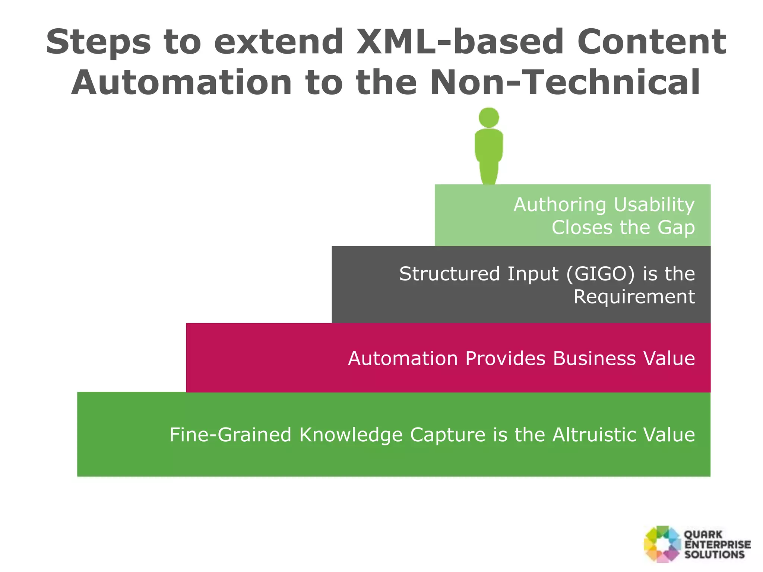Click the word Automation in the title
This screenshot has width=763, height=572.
pyautogui.click(x=181, y=83)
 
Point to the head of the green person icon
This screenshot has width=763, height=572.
pyautogui.click(x=489, y=117)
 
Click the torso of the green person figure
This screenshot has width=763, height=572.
pyautogui.click(x=489, y=147)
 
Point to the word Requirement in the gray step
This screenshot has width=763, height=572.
pyautogui.click(x=634, y=297)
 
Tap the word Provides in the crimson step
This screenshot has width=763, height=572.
pyautogui.click(x=505, y=359)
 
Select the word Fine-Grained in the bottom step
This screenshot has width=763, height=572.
pyautogui.click(x=230, y=435)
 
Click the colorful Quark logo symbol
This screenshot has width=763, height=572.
pyautogui.click(x=662, y=544)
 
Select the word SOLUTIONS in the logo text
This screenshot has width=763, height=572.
pyautogui.click(x=714, y=554)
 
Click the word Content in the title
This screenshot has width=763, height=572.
pyautogui.click(x=652, y=42)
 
